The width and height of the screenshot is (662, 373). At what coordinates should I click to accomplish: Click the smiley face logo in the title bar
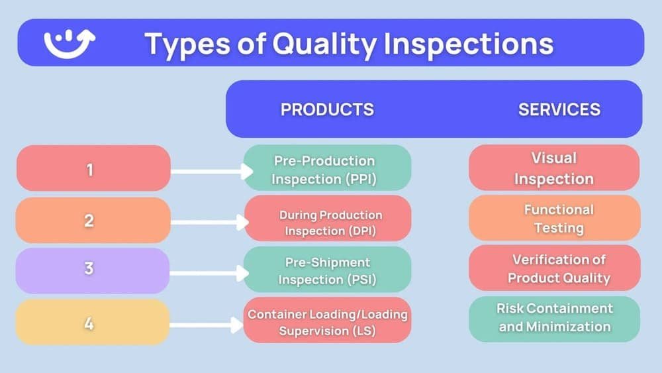pos(70,43)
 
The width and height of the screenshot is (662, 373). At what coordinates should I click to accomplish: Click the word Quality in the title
pos(328,44)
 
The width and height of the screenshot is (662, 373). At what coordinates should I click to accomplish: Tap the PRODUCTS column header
pos(327,109)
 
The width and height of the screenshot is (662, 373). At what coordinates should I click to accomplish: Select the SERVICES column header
pos(559,109)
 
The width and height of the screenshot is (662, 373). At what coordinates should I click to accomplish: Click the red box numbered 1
pos(93,169)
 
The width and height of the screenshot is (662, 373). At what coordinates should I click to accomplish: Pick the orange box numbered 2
pos(93,220)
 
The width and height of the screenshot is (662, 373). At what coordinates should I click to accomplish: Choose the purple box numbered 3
pos(93,270)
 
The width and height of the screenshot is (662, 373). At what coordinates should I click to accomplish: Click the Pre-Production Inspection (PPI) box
pos(327,169)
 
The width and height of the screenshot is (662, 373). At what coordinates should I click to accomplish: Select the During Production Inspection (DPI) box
pos(327,222)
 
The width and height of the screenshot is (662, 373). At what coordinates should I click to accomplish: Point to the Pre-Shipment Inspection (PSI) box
pos(327,270)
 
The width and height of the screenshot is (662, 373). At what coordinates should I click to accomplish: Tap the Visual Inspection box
pos(554,168)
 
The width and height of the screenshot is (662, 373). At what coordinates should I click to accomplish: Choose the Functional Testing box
pos(554,219)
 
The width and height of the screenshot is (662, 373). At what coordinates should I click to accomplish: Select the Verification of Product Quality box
pos(554,268)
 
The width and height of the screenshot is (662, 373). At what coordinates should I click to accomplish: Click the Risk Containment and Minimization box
pos(554,318)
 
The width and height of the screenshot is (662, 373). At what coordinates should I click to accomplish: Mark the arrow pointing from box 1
pos(212,172)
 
